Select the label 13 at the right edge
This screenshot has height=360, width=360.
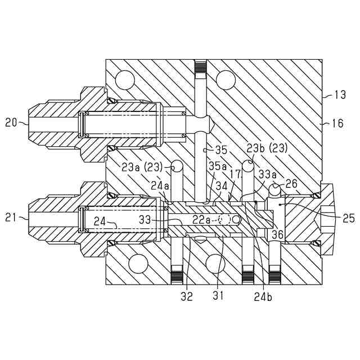(340, 95)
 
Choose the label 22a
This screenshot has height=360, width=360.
(201, 219)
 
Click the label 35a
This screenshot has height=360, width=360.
(217, 166)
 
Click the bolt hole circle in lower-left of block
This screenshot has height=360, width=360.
(137, 263)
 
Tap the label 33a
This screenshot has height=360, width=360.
(266, 175)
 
